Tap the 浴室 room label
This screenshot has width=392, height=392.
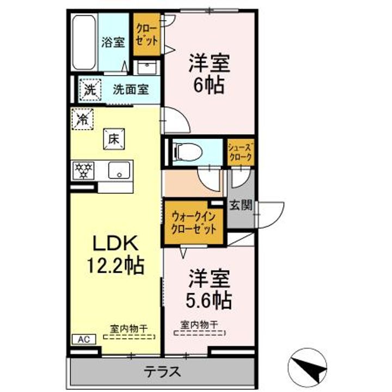tap(113, 42)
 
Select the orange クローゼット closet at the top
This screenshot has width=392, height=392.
tap(147, 34)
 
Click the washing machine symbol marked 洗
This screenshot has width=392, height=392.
tap(90, 89)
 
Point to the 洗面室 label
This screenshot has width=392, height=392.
tap(131, 89)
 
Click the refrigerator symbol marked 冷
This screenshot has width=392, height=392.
tap(82, 119)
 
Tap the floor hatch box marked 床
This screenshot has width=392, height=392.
tap(114, 139)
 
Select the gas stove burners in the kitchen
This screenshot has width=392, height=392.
tap(83, 170)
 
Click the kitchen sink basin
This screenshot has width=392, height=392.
tap(119, 170)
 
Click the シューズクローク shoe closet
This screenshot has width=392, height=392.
tap(241, 152)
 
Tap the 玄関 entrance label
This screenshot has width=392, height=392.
tap(241, 205)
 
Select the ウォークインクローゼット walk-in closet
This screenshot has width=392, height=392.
tap(194, 222)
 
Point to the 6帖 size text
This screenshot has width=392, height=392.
tap(209, 85)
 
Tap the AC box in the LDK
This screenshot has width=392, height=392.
tap(84, 339)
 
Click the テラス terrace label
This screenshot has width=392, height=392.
tap(162, 371)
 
